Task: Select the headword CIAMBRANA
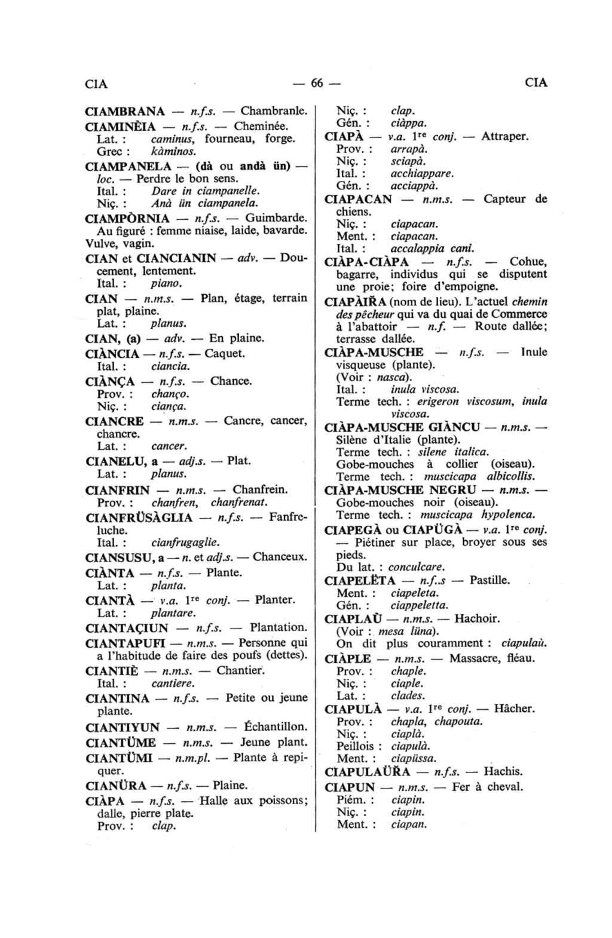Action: point(125,111)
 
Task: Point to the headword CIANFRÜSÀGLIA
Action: point(139,517)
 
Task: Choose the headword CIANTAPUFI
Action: point(126,643)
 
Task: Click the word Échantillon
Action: point(276,727)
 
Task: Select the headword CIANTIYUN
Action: point(123,728)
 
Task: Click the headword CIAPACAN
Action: point(358,199)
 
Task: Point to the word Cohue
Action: point(528,262)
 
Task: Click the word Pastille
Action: point(489,580)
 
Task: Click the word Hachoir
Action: point(477,618)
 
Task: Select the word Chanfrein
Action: point(260,490)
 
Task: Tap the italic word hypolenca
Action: point(508,514)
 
